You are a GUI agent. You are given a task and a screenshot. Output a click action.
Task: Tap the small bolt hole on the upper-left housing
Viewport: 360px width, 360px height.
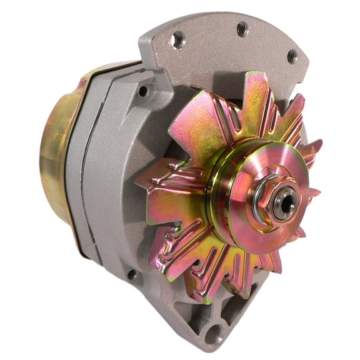click(143, 91)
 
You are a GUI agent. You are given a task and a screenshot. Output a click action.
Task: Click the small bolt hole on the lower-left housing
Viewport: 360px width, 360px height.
click(132, 274)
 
